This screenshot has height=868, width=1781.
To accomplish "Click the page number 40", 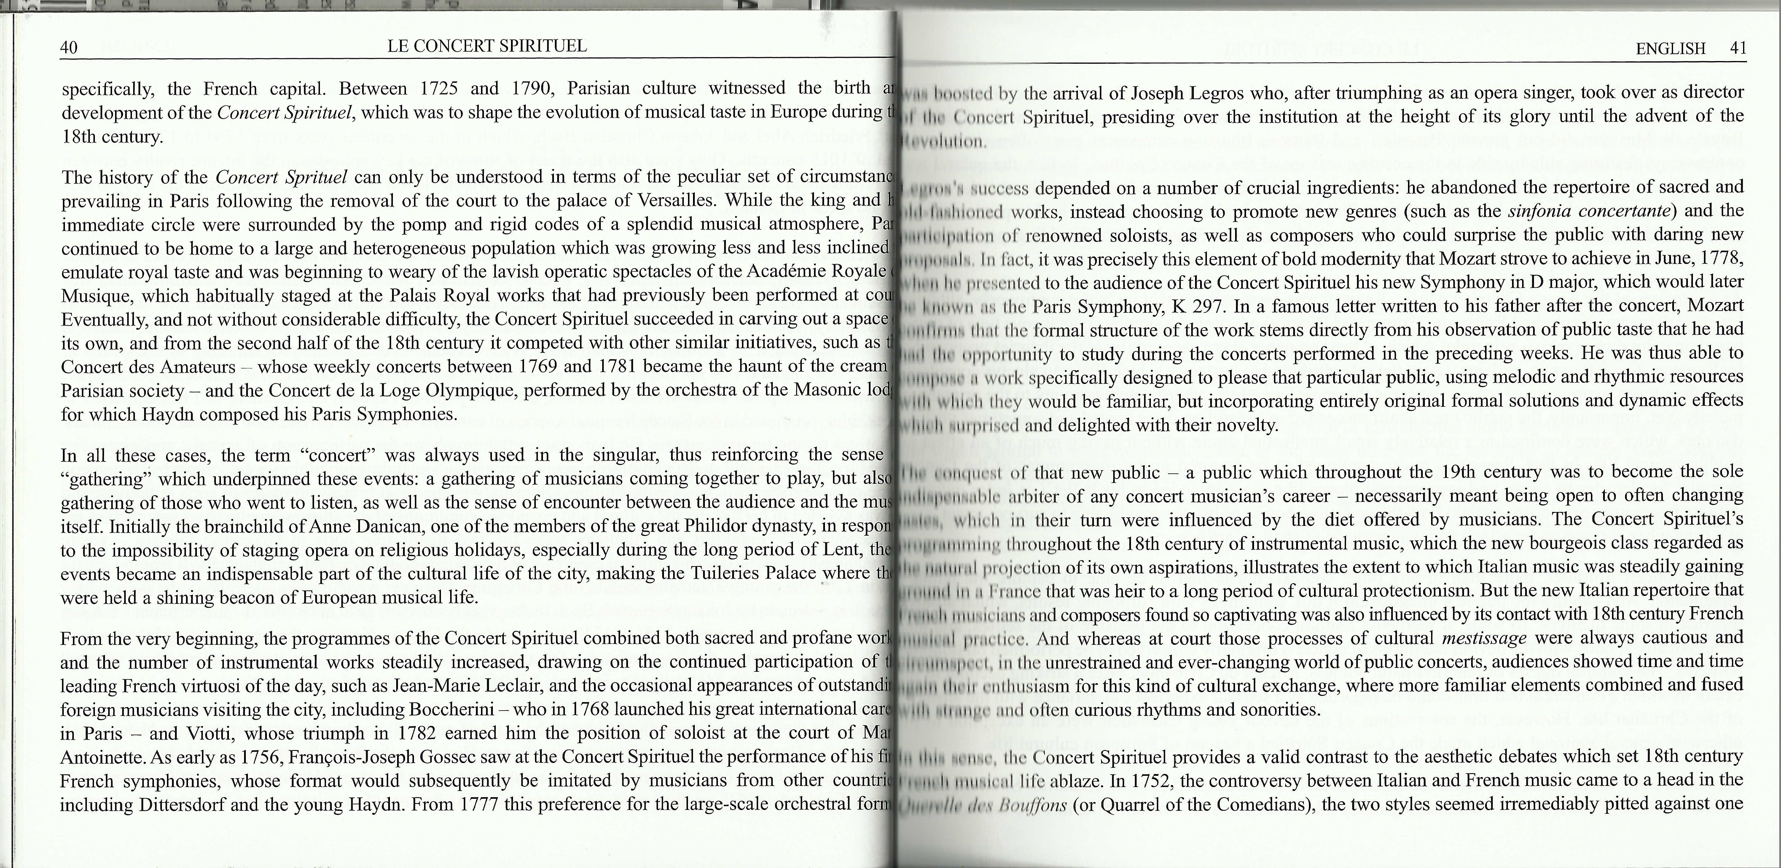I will [68, 48].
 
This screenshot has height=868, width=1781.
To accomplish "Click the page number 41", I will [1737, 48].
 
